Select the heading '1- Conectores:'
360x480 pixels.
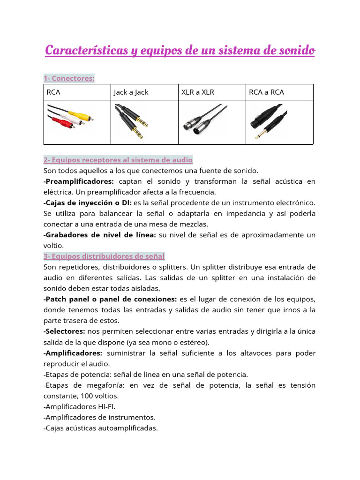coord(69,78)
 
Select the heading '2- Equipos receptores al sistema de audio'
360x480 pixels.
coord(118,160)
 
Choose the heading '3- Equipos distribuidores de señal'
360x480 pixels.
coord(104,256)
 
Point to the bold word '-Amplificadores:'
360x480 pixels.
coord(73,353)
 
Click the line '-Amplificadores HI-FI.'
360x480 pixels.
coord(79,406)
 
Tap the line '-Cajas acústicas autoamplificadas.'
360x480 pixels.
coord(100,428)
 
